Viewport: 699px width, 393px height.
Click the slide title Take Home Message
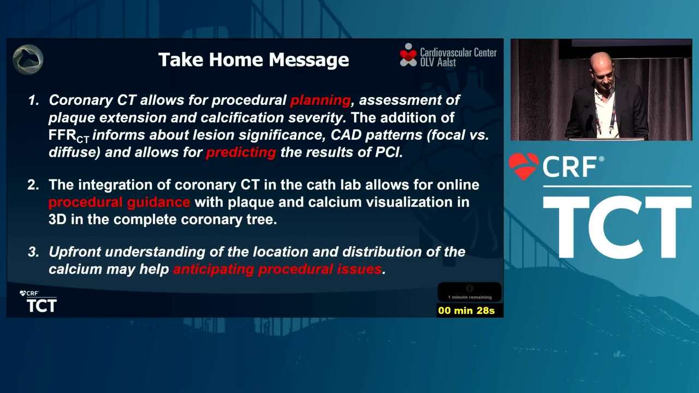coord(253,59)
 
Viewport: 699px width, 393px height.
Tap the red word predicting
coord(241,153)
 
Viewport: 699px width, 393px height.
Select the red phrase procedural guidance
coord(119,203)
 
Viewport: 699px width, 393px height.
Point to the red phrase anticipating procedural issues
coord(277,269)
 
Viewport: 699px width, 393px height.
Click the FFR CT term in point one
coord(69,136)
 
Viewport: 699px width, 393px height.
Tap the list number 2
coord(33,185)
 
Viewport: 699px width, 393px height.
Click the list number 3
coord(33,252)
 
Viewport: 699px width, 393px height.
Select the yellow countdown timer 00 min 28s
coord(466,311)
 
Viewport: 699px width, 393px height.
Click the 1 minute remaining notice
coord(470,297)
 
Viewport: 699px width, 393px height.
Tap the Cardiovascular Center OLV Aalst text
coord(458,57)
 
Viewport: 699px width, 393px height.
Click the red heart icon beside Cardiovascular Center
coord(408,55)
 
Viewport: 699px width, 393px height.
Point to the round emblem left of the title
coord(28,59)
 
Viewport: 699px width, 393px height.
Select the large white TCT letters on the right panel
coord(617,227)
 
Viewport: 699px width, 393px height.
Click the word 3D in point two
coord(57,219)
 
